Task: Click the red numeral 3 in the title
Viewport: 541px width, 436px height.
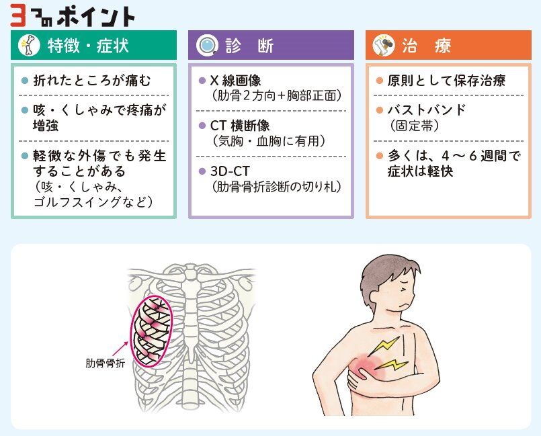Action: click(x=18, y=15)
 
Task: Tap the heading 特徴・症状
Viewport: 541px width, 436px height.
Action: click(x=88, y=46)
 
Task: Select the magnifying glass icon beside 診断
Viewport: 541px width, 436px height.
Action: click(x=207, y=46)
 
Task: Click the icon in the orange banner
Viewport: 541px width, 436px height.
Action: click(x=385, y=46)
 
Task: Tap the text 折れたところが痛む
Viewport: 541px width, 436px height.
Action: click(x=92, y=81)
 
